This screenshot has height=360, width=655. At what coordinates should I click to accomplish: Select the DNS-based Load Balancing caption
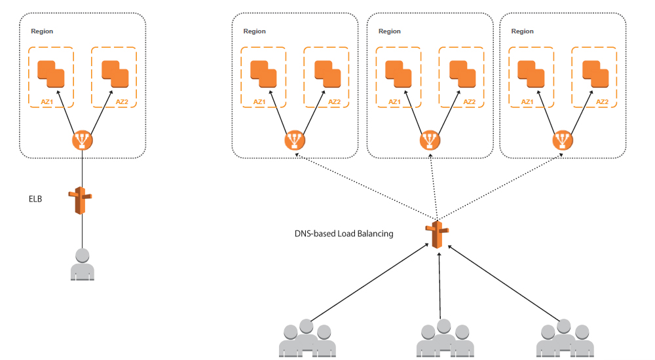click(344, 233)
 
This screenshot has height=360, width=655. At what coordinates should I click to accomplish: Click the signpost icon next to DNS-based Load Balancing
click(438, 234)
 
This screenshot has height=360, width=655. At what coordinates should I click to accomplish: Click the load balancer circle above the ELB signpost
click(83, 140)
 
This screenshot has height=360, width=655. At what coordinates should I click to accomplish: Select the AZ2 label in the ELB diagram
click(122, 101)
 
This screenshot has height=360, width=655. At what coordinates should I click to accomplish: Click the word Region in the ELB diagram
click(42, 31)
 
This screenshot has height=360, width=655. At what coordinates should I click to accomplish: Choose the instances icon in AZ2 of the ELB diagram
click(113, 73)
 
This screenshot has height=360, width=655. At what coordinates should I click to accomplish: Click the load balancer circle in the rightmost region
click(562, 140)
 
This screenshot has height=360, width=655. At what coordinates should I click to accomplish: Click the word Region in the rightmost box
click(522, 31)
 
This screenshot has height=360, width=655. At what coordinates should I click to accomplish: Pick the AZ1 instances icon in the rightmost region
click(531, 73)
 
